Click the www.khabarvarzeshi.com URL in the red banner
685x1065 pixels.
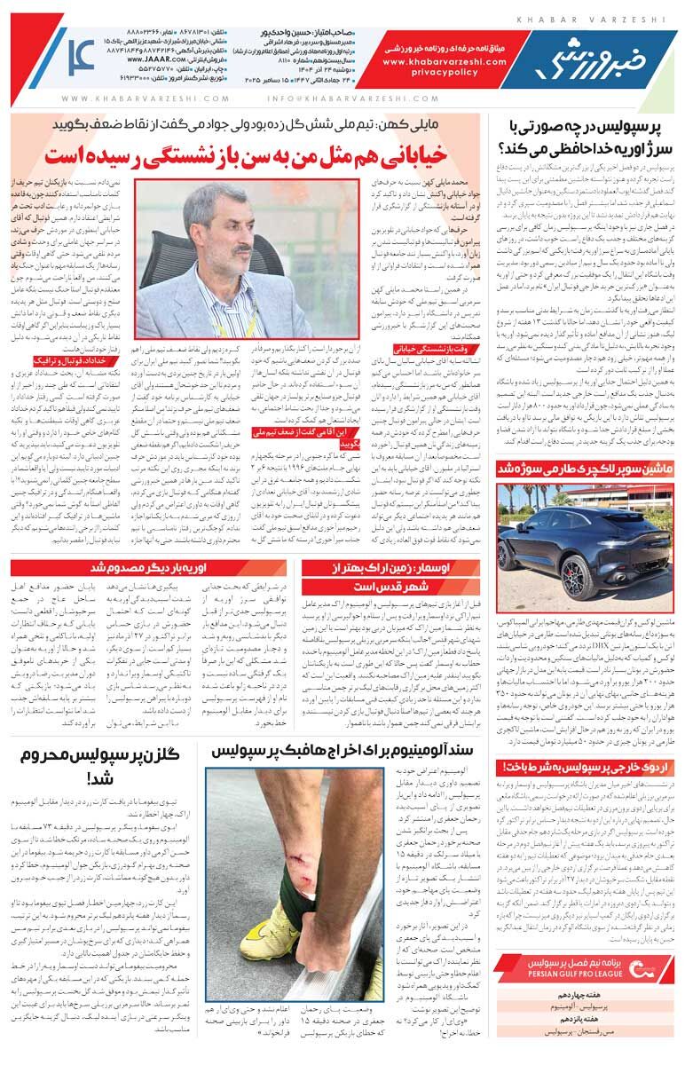(x=445, y=63)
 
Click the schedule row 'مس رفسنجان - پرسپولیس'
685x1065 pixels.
(x=591, y=1035)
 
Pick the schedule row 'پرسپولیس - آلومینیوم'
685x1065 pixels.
(x=591, y=1007)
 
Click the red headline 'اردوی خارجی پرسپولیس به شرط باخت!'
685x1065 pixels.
(x=583, y=766)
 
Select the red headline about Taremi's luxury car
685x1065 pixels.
(x=583, y=468)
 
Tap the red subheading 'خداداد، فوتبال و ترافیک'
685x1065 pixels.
(x=71, y=361)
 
